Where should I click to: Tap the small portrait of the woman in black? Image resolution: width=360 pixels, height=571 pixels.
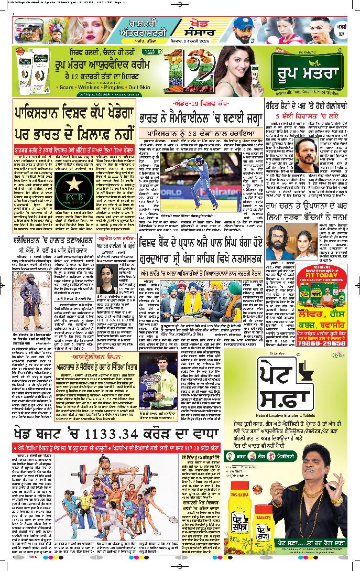pyautogui.click(x=108, y=280)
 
